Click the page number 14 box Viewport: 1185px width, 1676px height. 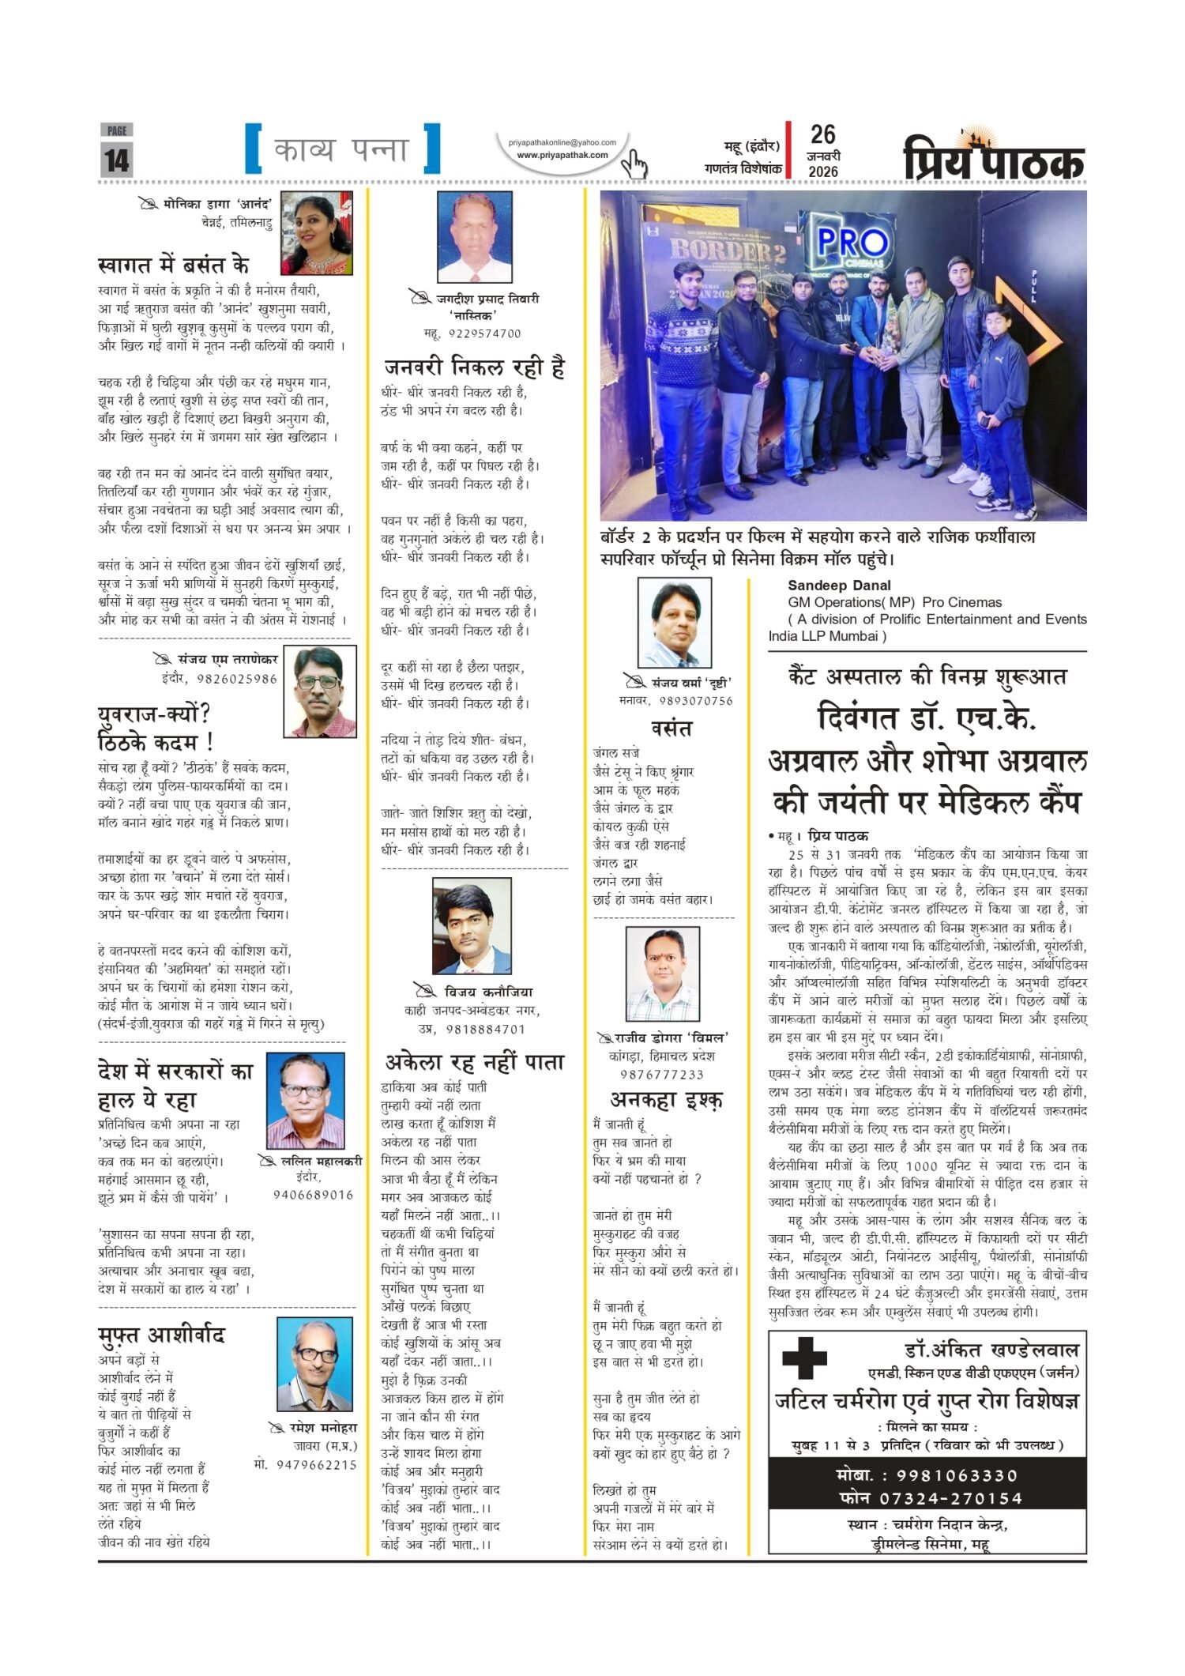click(117, 160)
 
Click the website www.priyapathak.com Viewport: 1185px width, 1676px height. click(562, 155)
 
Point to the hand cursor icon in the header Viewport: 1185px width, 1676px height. click(634, 164)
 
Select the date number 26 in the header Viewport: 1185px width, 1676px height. click(823, 134)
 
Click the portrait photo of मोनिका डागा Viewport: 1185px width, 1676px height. click(317, 232)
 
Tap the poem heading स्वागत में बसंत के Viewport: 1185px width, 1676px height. click(174, 265)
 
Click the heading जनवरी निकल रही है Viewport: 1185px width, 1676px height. click(475, 367)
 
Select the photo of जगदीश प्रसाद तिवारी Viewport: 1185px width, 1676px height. click(475, 236)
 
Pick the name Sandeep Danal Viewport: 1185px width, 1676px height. click(839, 586)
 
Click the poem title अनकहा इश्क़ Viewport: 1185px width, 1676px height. click(666, 1100)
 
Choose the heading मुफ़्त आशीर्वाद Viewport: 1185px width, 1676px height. click(162, 1335)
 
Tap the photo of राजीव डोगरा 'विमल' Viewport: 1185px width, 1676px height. click(662, 974)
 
